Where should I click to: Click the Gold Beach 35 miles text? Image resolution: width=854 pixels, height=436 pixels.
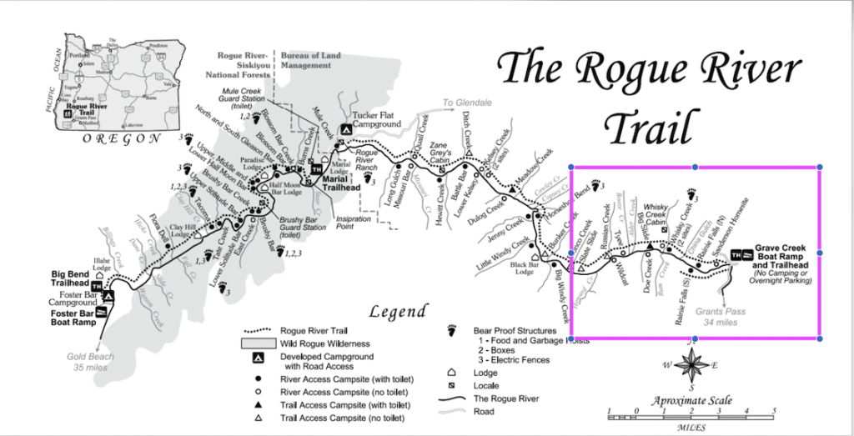click(x=89, y=361)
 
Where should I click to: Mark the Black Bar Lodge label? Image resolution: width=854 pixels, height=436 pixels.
click(x=523, y=267)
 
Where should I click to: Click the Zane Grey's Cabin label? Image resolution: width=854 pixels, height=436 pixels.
click(x=441, y=149)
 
